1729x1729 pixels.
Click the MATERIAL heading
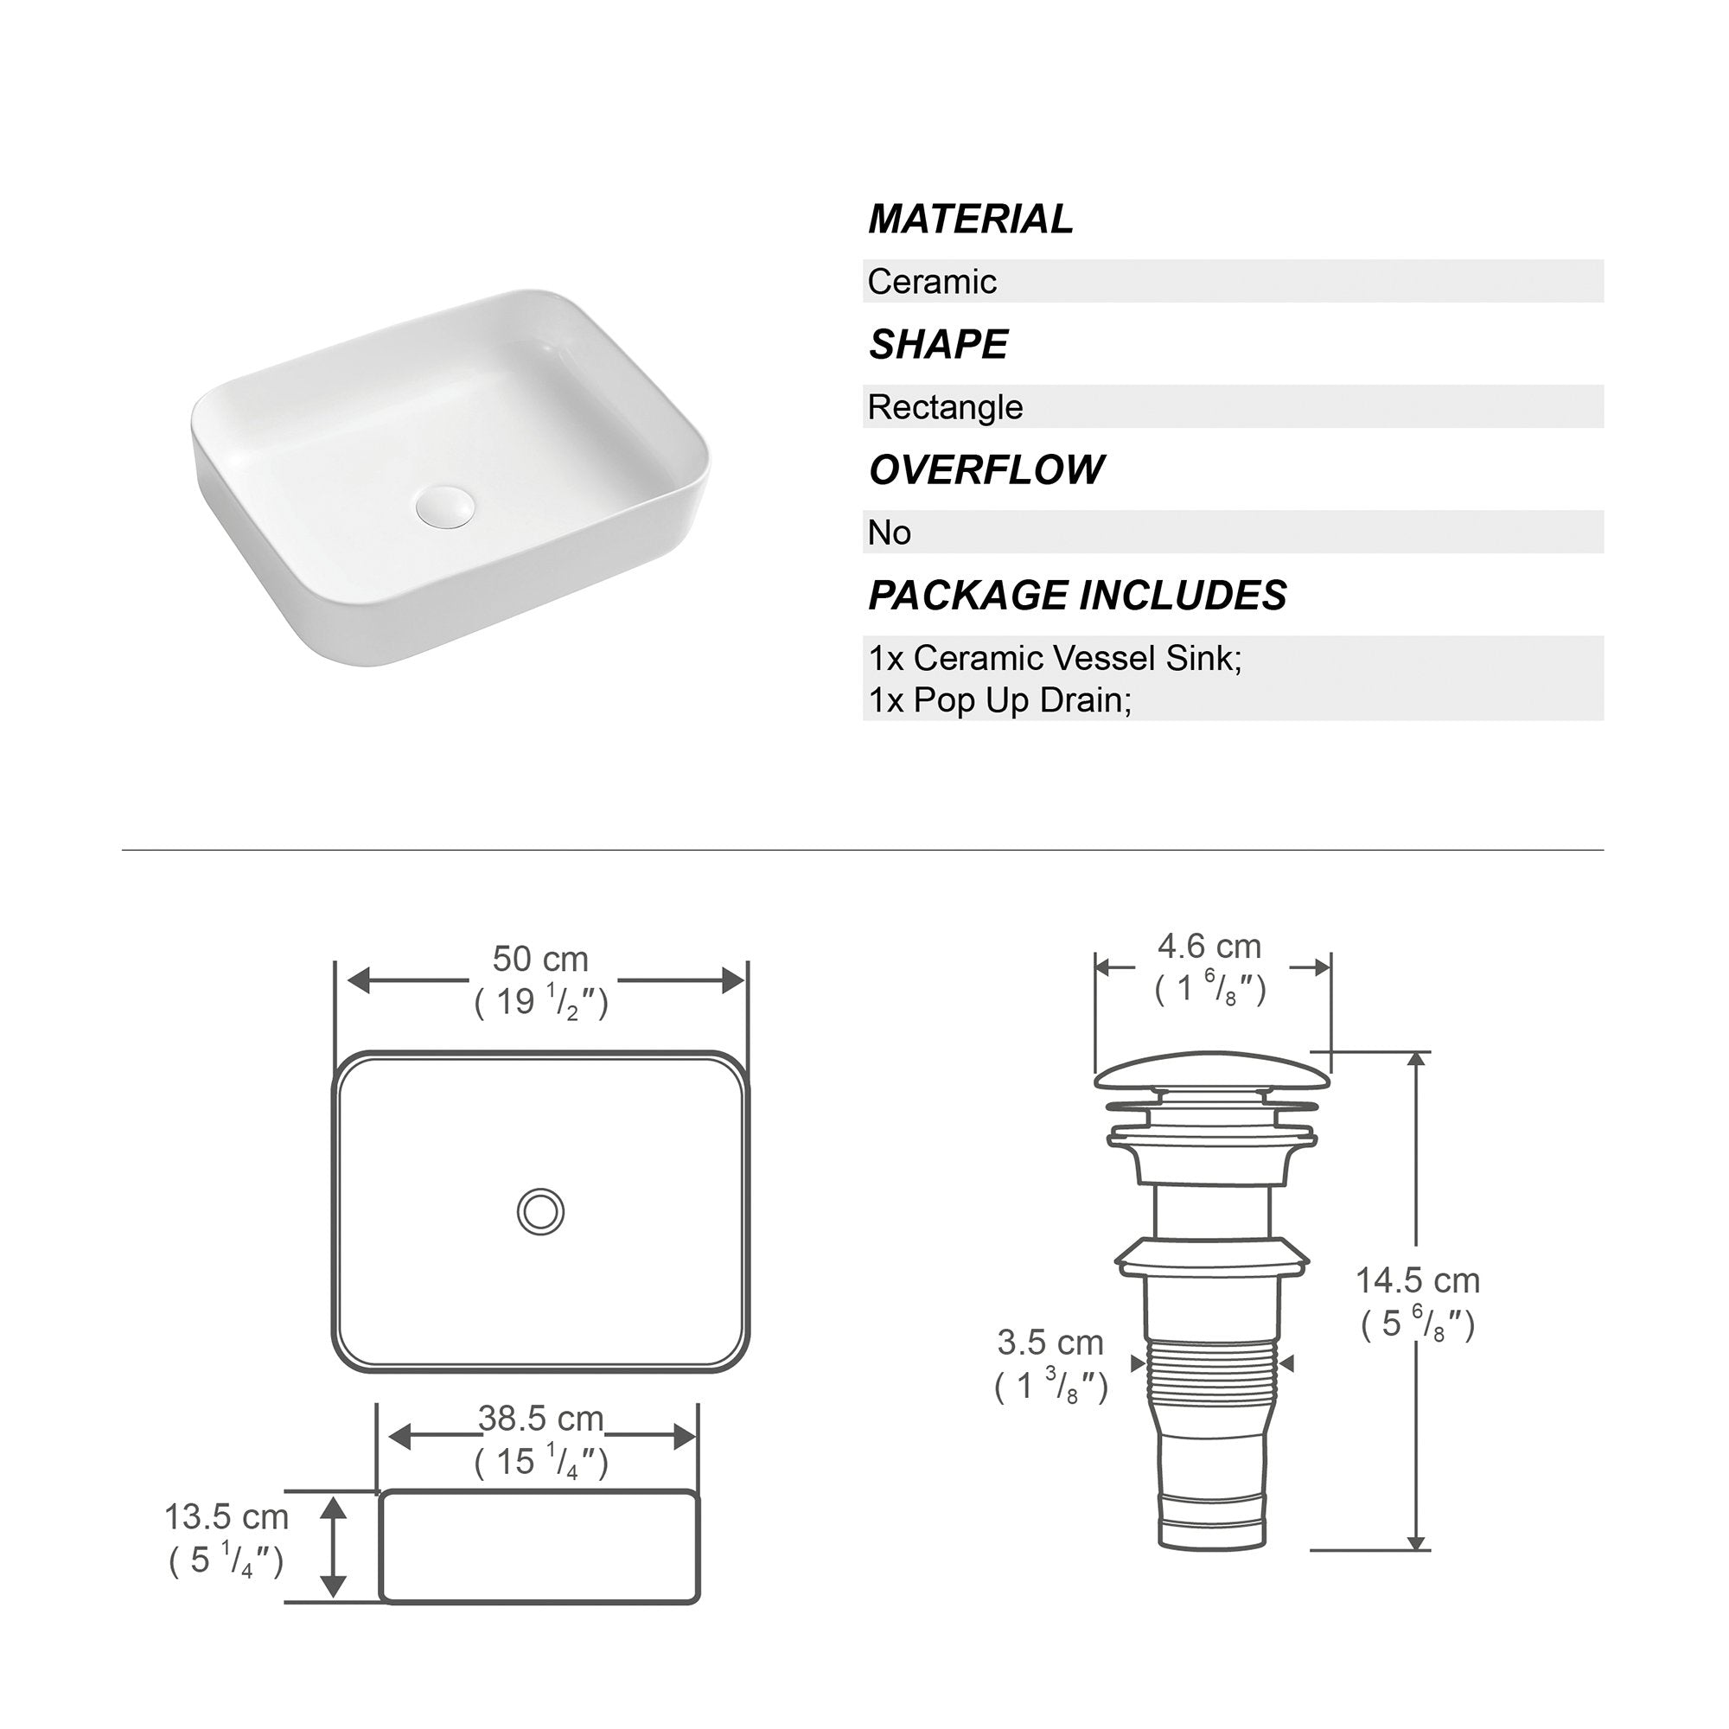970,220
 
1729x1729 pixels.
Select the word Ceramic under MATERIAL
932,282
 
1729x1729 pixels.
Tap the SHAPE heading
938,345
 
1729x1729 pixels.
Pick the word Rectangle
945,407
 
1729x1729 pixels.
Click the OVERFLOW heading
986,469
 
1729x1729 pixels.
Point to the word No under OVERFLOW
890,533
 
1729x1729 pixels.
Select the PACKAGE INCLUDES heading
1077,595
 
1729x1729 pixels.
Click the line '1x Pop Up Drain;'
1000,700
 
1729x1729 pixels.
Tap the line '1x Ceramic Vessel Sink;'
1055,659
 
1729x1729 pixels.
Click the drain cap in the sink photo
444,506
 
